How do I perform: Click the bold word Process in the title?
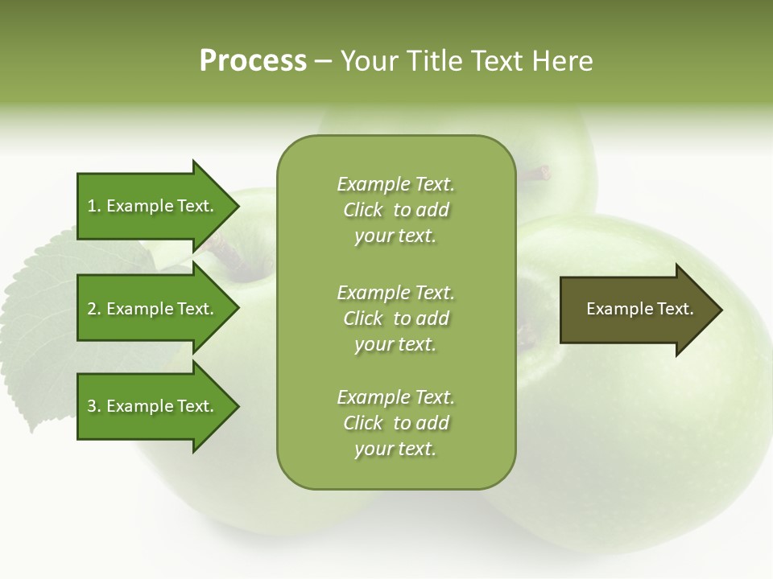coord(253,61)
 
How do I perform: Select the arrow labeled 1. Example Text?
coord(153,206)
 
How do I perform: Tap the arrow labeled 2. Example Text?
coord(153,309)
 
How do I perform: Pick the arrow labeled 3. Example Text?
coord(153,406)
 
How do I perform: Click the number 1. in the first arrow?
coord(94,206)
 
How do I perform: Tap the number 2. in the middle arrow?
coord(94,309)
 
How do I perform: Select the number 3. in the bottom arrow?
coord(94,406)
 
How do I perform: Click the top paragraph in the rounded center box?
coord(395,210)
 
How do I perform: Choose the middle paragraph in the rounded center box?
coord(395,318)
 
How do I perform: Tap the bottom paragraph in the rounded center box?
coord(395,423)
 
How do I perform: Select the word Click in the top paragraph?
coord(363,211)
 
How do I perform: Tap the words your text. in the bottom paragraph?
coord(395,450)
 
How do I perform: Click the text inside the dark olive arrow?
coord(639,309)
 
